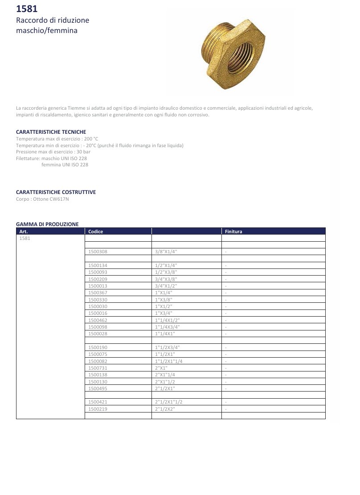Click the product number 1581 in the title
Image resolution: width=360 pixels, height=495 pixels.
tap(27, 9)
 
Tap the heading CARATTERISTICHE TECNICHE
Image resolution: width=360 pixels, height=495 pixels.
tap(51, 132)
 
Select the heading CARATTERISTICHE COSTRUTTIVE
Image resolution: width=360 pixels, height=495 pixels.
tap(56, 192)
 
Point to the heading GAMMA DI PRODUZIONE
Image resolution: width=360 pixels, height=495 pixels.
tap(47, 224)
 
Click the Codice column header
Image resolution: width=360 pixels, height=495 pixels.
tap(96, 231)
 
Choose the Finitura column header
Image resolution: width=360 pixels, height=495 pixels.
tap(233, 231)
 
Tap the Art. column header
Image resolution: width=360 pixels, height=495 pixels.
tap(24, 231)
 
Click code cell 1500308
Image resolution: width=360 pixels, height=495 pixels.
tap(98, 252)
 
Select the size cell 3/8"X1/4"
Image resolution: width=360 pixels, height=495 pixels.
tap(166, 252)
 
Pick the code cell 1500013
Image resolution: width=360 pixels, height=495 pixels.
tap(98, 286)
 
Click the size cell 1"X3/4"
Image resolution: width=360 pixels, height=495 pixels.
tap(163, 313)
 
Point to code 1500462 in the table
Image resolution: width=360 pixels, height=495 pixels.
tap(98, 320)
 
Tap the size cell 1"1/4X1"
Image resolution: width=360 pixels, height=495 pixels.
tap(166, 334)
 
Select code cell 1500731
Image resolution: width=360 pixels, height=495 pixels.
tap(98, 368)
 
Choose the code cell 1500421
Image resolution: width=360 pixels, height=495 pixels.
tap(98, 402)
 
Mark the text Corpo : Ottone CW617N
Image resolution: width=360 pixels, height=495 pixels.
tap(42, 199)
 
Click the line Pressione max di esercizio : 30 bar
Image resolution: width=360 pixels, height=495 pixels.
tap(53, 152)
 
